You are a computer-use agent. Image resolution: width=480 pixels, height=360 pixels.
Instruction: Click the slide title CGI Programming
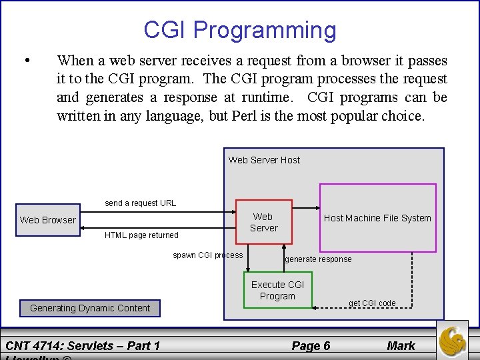coord(240,30)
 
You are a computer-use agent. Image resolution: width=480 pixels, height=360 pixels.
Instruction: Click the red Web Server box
coord(263,222)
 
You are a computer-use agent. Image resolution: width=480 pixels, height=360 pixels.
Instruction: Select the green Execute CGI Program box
coord(277,290)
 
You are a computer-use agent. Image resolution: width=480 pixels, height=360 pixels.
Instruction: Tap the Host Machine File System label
coord(377,218)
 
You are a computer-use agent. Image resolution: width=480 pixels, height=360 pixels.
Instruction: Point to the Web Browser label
coord(48,220)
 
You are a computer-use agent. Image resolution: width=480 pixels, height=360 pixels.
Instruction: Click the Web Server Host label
coord(264,160)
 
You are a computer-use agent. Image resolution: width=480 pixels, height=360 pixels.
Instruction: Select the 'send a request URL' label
coord(141,203)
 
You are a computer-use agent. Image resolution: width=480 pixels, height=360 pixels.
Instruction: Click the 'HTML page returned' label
coord(141,235)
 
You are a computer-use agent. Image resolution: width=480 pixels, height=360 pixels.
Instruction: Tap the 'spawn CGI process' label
coord(208,255)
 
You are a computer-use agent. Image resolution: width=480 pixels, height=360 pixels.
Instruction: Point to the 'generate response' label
coord(318,259)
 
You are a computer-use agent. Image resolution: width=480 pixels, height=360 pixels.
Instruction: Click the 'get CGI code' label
coord(372,303)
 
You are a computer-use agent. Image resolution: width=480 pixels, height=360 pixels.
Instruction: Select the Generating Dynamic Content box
coord(90,308)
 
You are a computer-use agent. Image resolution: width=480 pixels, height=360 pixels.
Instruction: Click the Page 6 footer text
coord(311,345)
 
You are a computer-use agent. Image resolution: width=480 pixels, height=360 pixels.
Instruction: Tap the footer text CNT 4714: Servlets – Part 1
coord(83,345)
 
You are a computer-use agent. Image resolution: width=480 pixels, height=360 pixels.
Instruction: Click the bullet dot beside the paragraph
coord(25,61)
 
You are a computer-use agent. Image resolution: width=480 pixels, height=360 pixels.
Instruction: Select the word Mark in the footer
coord(401,345)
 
